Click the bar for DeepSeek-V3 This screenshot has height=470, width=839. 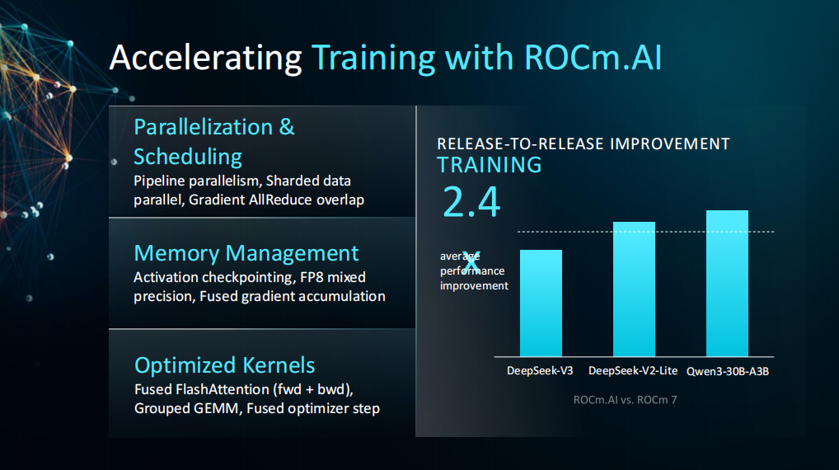tap(541, 303)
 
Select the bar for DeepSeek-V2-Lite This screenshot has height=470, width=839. tap(634, 289)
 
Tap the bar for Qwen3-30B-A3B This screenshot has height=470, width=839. tap(727, 283)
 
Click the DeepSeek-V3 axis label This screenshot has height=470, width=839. tap(540, 371)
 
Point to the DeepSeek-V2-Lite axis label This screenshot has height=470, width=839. tap(633, 371)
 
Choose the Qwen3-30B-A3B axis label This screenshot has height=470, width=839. tap(728, 372)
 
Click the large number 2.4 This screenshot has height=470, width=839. tap(471, 202)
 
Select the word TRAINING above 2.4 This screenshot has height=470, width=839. tap(489, 165)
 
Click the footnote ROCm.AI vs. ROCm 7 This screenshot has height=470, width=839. tap(625, 400)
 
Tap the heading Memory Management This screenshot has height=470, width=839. tap(246, 253)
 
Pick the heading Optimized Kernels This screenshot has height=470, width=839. tap(225, 365)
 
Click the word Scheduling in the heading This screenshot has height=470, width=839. tap(188, 157)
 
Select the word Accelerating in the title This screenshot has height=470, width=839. tap(205, 59)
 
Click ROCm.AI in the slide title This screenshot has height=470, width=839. tap(593, 57)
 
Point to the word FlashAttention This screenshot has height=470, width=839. tap(223, 389)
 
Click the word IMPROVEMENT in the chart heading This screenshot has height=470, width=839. tap(670, 144)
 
